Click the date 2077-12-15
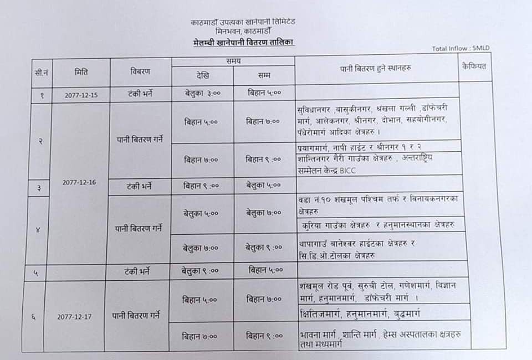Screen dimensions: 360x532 coord(81,95)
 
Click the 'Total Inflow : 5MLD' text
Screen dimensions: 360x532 coord(461,49)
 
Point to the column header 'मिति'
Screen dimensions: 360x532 coord(81,71)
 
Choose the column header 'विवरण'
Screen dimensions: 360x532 coord(140,72)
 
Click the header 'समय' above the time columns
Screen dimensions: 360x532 coord(233,61)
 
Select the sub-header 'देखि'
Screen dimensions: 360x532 coord(202,75)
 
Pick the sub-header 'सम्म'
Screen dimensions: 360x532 coord(264,75)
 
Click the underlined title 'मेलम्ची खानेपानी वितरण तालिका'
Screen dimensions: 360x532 coord(244,43)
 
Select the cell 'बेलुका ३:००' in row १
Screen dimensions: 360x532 coord(203,93)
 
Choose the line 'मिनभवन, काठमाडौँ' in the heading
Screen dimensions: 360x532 coord(244,32)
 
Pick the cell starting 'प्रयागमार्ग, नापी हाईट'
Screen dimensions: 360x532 coord(360,145)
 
